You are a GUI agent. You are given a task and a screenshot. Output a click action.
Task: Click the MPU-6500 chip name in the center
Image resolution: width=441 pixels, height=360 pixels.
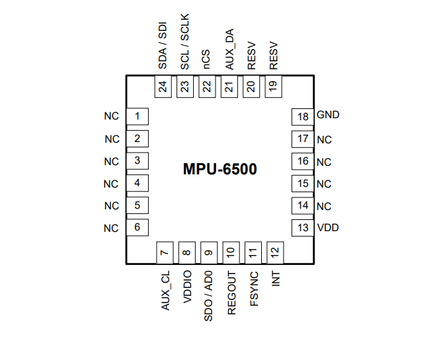(220, 169)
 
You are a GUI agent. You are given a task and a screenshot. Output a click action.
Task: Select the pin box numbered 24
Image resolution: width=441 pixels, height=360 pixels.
(163, 87)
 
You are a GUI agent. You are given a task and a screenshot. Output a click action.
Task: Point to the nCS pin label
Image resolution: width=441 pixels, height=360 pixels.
(207, 60)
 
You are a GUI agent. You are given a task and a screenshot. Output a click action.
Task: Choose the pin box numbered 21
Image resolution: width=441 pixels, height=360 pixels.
(229, 87)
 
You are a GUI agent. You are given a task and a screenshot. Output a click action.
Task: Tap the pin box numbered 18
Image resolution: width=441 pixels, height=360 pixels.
(303, 117)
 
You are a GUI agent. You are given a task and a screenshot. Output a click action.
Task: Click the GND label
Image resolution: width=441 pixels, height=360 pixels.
(328, 115)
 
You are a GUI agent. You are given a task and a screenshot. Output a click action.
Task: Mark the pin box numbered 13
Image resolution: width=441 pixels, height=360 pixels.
(303, 229)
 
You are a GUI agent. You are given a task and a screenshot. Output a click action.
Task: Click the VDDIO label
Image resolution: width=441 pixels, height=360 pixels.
(187, 286)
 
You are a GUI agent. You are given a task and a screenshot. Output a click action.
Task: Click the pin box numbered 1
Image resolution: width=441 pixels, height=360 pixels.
(137, 117)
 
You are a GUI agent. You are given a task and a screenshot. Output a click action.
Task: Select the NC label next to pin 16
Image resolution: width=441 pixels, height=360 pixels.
(324, 162)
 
